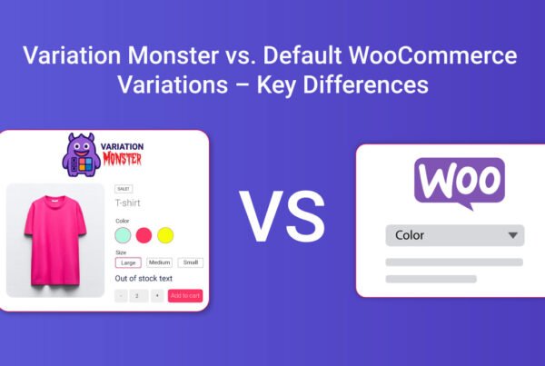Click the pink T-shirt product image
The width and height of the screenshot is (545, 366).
[55, 240]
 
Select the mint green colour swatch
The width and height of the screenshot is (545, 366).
[123, 235]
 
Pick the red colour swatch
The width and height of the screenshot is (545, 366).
[144, 235]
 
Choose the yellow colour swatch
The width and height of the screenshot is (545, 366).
[164, 235]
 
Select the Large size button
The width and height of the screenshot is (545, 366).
[127, 262]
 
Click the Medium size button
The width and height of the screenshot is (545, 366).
[159, 262]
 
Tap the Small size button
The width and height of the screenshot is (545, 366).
[190, 262]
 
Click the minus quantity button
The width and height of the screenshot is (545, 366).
[121, 295]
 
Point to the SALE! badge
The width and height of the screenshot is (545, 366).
[123, 189]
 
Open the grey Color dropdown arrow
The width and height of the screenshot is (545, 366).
[513, 235]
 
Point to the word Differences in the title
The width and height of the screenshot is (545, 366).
[368, 85]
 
